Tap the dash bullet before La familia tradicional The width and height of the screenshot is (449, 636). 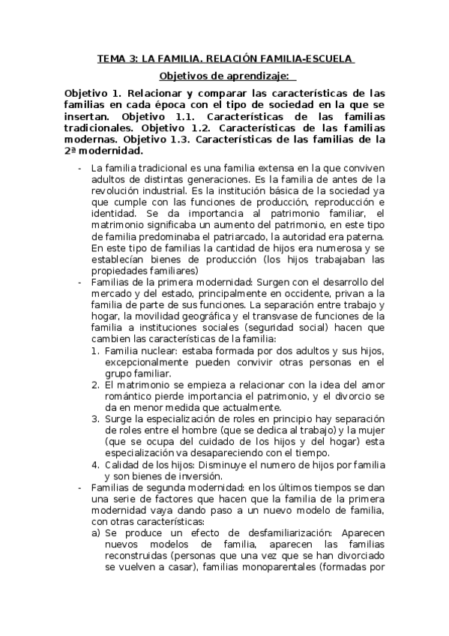tap(80, 169)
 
